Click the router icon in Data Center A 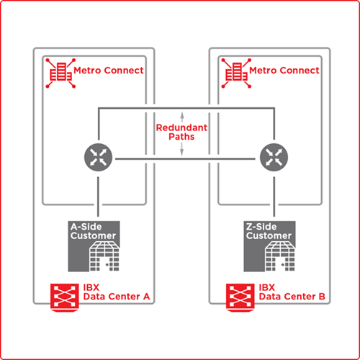pyautogui.click(x=98, y=157)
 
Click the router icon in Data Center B pyautogui.click(x=274, y=157)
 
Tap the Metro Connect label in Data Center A pyautogui.click(x=109, y=71)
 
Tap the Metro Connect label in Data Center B pyautogui.click(x=284, y=71)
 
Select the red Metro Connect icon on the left pyautogui.click(x=60, y=73)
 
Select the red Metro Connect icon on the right pyautogui.click(x=236, y=73)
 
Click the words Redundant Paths pyautogui.click(x=181, y=132)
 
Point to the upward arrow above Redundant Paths pyautogui.click(x=182, y=117)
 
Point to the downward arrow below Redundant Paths pyautogui.click(x=181, y=149)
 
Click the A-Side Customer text pyautogui.click(x=93, y=231)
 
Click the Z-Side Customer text pyautogui.click(x=269, y=231)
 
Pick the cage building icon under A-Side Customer pyautogui.click(x=104, y=256)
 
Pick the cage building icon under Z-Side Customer pyautogui.click(x=280, y=256)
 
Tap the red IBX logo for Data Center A pyautogui.click(x=65, y=297)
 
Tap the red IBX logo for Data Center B pyautogui.click(x=240, y=297)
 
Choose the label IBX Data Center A pyautogui.click(x=117, y=292)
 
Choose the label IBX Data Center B pyautogui.click(x=292, y=292)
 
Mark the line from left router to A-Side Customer pyautogui.click(x=98, y=197)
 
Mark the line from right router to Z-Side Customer pyautogui.click(x=274, y=197)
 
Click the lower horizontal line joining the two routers pyautogui.click(x=185, y=158)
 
